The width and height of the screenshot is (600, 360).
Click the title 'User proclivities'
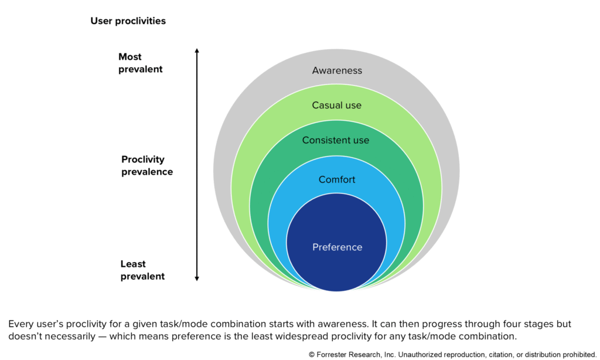pyautogui.click(x=128, y=21)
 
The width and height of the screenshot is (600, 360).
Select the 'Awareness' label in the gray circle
pyautogui.click(x=337, y=70)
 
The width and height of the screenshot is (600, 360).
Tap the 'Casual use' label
pyautogui.click(x=337, y=106)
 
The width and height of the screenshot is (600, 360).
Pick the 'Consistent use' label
pyautogui.click(x=336, y=140)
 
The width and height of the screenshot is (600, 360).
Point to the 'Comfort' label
pyautogui.click(x=337, y=179)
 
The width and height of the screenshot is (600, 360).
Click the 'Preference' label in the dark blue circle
pyautogui.click(x=337, y=247)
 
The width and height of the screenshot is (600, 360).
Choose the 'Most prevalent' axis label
pyautogui.click(x=140, y=63)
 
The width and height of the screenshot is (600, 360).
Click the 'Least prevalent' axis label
pyautogui.click(x=142, y=270)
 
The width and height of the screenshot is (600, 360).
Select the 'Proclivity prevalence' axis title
pyautogui.click(x=147, y=165)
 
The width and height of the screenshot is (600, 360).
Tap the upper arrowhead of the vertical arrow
pyautogui.click(x=197, y=51)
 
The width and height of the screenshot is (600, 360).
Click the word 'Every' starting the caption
pyautogui.click(x=21, y=324)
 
